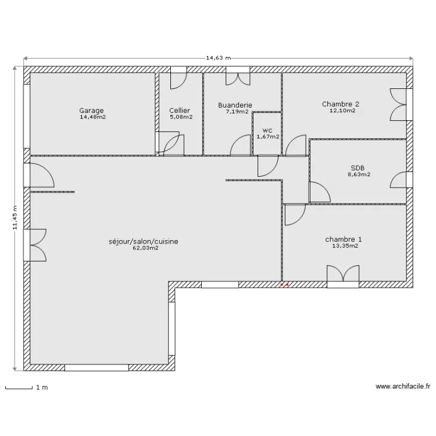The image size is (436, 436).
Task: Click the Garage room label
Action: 91,110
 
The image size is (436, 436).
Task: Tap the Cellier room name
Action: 180,110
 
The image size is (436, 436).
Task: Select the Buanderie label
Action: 235,105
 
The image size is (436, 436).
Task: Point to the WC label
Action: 267,131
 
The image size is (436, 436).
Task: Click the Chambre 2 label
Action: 341,104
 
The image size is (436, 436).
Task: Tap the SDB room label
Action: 358,168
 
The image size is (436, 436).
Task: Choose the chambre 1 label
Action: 344,240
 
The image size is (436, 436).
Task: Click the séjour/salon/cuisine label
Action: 143,242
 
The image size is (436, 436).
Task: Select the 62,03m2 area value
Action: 146,248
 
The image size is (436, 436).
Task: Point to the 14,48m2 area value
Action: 93,117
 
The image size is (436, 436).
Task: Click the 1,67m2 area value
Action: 268,137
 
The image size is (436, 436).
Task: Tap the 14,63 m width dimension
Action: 218,58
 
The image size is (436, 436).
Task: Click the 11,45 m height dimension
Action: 15,218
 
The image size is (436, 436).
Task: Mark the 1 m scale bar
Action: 19,387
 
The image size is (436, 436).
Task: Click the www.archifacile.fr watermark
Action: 403,386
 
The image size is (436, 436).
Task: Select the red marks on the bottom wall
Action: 284,285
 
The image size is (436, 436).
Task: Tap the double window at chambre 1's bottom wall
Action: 343,276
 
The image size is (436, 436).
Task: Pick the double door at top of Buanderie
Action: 238,76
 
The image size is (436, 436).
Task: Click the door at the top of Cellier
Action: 178,78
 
